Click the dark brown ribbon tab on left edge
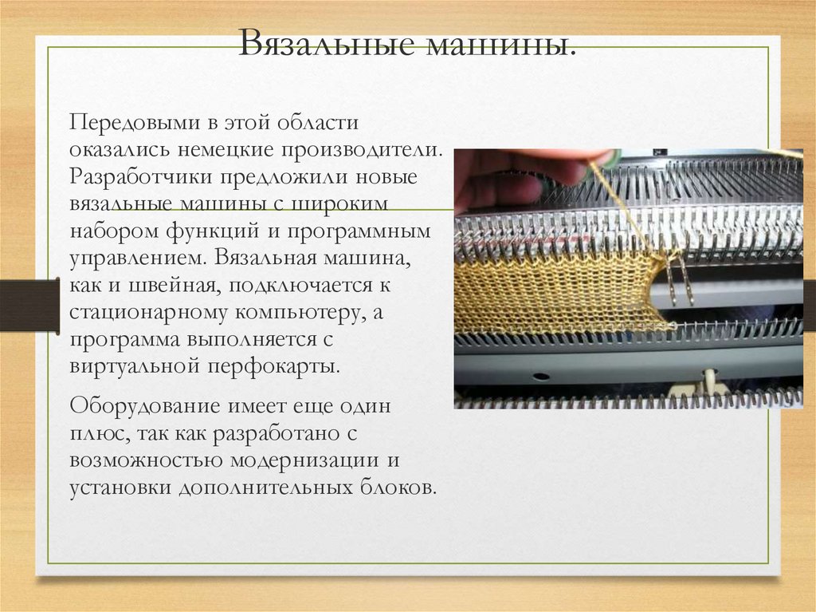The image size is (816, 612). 29,304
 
